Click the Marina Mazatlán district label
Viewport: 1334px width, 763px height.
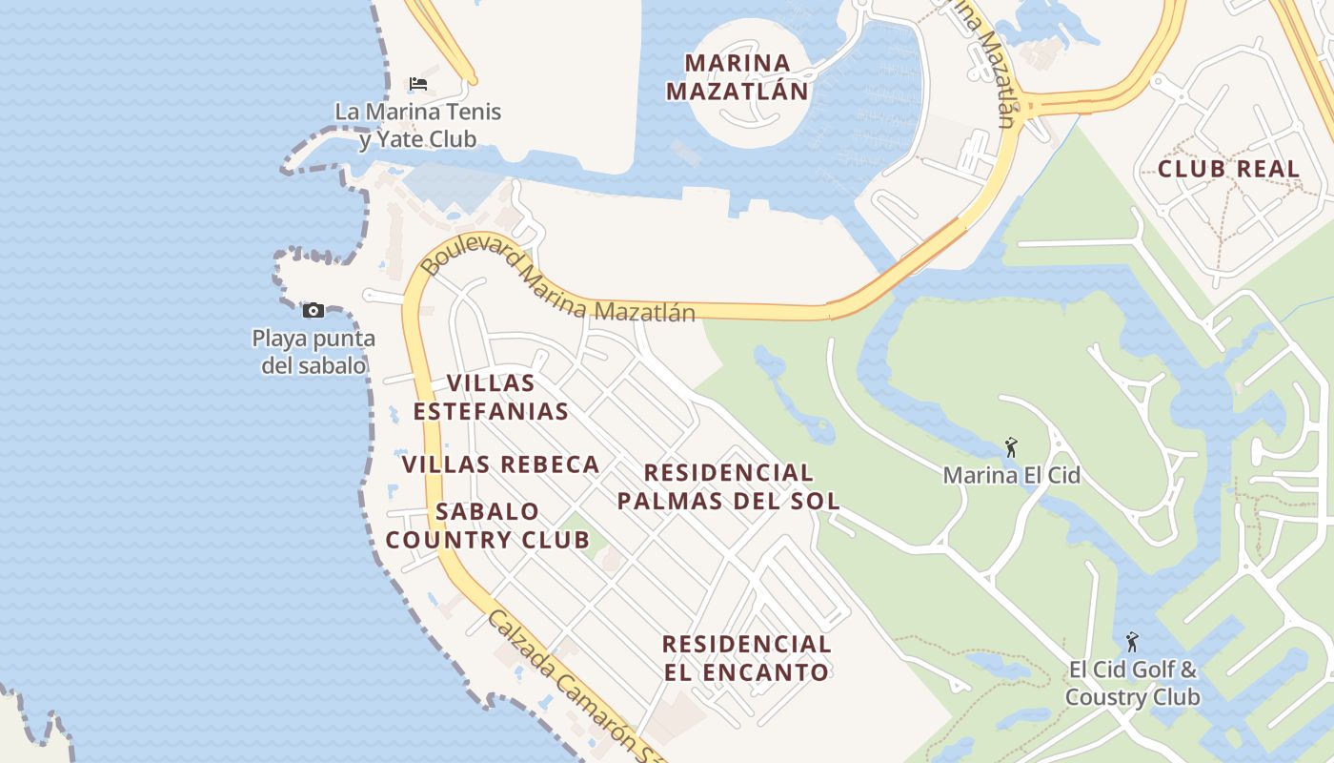[738, 77]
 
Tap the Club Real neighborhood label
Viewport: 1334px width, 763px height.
[1228, 169]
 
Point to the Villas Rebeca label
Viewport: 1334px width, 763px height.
[500, 464]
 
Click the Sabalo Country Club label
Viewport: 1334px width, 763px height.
[487, 526]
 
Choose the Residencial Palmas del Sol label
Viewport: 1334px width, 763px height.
[729, 486]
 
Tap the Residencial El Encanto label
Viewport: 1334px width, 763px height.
[746, 658]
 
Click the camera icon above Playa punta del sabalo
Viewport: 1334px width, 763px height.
[313, 310]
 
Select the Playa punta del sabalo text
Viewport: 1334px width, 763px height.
[313, 352]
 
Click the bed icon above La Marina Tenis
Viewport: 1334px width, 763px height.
[417, 84]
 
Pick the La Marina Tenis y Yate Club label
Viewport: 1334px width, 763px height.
[417, 125]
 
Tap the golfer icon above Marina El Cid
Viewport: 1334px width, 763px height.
[1011, 447]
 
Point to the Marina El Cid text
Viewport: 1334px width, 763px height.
[1011, 475]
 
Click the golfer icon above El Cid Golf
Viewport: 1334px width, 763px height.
[1132, 642]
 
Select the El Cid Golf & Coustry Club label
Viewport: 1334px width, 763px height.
[1132, 683]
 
